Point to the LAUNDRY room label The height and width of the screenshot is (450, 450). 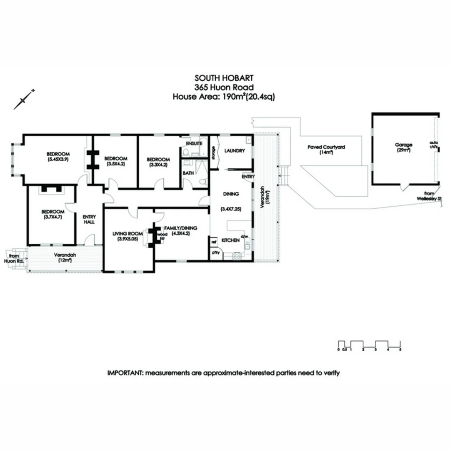click(235, 150)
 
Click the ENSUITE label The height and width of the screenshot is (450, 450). click(194, 143)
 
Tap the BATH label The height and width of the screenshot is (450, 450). click(188, 173)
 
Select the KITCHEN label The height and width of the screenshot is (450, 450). click(230, 240)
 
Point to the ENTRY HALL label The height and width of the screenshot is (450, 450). click(89, 219)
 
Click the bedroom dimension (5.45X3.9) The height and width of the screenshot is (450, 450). click(58, 159)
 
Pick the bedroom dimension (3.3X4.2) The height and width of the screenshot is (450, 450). click(158, 165)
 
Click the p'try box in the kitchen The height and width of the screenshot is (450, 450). click(216, 253)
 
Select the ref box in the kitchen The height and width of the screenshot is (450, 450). click(214, 242)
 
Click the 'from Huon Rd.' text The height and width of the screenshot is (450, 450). click(14, 258)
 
